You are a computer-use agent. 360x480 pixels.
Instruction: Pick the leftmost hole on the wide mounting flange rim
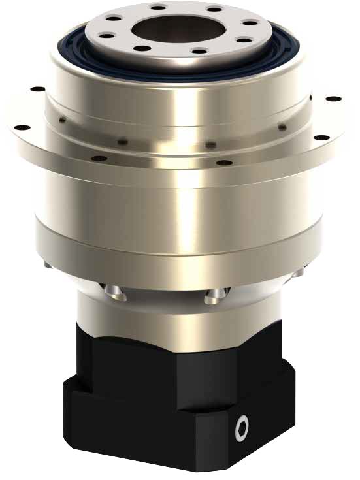[x=20, y=127]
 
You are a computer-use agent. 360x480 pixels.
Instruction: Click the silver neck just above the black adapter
[x=176, y=313]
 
